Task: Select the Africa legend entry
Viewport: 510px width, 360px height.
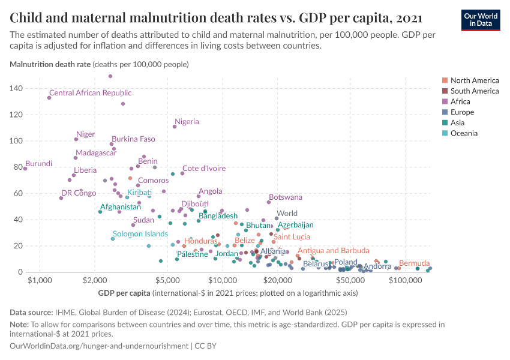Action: (461, 101)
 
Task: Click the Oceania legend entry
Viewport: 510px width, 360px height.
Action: (464, 133)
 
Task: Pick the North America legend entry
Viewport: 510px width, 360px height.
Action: (474, 80)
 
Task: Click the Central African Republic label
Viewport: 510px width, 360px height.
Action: (90, 93)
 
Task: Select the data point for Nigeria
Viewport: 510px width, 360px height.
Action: (175, 127)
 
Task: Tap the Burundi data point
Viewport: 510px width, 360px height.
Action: (25, 169)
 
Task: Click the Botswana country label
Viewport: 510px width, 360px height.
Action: (286, 197)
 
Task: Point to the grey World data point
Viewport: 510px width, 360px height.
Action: (277, 218)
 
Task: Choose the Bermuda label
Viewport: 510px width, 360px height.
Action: (414, 263)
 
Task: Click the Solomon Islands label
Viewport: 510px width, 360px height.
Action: (140, 233)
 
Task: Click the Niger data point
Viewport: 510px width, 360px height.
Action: (76, 139)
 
